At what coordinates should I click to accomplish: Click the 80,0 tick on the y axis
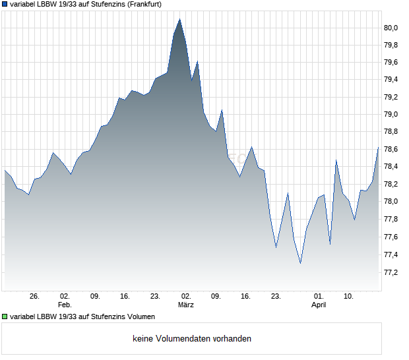pos(392,28)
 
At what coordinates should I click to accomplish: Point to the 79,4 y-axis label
pos(392,80)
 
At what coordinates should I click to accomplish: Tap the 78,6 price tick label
pos(392,150)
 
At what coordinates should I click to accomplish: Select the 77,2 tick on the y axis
pos(392,272)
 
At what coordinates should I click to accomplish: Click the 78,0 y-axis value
pos(392,202)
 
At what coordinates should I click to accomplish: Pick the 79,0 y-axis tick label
pos(392,115)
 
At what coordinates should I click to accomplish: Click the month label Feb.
pos(64,305)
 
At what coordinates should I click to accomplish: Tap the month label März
pos(186,305)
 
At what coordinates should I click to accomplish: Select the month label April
pos(319,305)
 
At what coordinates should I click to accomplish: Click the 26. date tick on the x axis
pos(35,297)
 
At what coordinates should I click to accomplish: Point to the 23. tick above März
pos(156,297)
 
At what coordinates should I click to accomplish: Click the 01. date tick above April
pos(319,297)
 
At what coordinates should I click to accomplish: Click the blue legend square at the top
pos(5,4)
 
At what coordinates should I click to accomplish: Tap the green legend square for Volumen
pos(5,316)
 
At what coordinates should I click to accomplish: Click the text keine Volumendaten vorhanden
pos(192,339)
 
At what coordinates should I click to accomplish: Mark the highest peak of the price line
pos(179,19)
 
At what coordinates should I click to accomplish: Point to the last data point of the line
pos(378,148)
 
